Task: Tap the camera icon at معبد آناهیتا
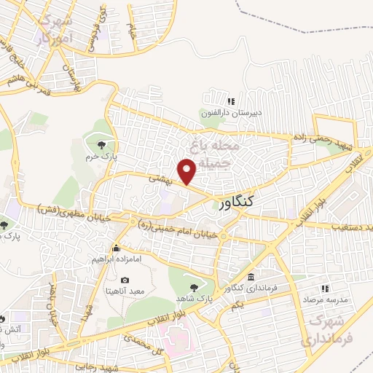point(125,280)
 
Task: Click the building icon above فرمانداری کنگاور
point(251,278)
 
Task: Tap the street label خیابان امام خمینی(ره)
point(178,227)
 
